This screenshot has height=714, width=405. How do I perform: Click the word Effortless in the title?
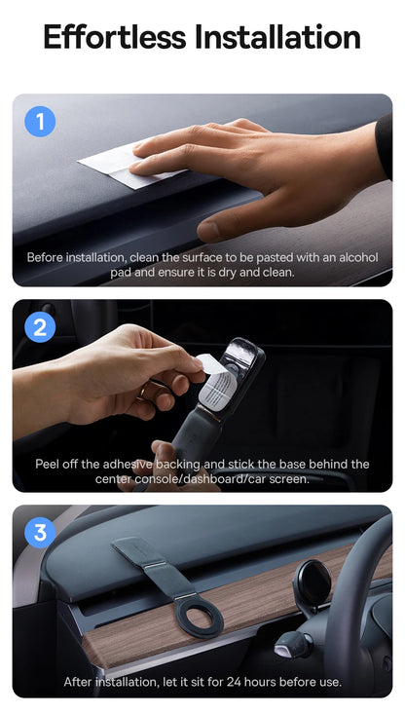(115, 37)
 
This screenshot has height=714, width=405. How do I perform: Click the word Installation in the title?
(278, 37)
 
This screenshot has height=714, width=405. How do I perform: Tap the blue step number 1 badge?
(40, 122)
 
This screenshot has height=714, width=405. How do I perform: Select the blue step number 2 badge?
(40, 327)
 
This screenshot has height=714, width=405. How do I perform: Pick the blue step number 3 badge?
(40, 532)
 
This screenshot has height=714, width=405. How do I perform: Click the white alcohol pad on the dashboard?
(124, 165)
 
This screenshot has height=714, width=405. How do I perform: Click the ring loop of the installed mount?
(199, 616)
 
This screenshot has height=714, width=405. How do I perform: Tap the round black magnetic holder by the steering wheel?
(313, 582)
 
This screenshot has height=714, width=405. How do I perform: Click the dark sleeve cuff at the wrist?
(384, 147)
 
